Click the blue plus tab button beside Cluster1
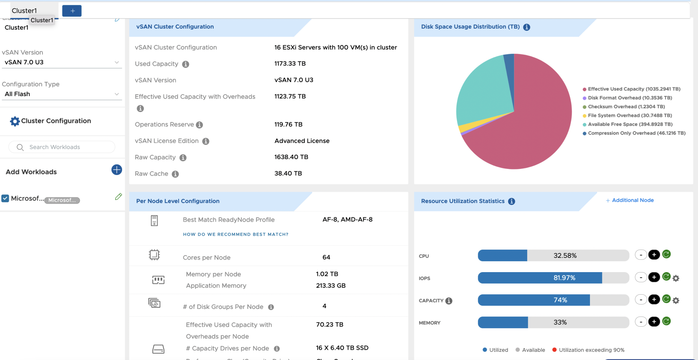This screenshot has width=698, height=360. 72,11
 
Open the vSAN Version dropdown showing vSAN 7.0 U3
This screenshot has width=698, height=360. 62,62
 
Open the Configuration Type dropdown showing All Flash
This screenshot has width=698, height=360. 62,94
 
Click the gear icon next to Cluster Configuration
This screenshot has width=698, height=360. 15,121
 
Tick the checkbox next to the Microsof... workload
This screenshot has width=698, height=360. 5,198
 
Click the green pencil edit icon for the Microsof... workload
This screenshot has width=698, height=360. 118,197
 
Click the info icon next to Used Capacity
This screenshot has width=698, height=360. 185,64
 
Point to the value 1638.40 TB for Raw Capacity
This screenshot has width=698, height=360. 291,157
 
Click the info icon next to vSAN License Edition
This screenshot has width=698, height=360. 206,141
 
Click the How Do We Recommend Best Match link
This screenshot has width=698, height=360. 236,234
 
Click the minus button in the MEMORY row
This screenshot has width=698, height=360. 641,322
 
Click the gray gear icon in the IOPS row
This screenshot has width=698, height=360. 676,278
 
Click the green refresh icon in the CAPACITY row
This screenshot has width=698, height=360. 666,299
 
